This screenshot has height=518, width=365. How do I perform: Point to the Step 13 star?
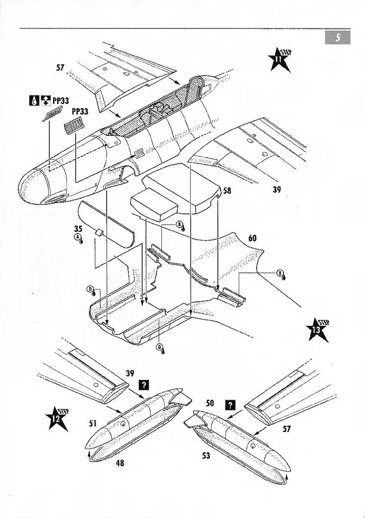click(319, 330)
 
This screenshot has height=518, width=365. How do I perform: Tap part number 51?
click(93, 423)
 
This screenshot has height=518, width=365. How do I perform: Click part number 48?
click(120, 462)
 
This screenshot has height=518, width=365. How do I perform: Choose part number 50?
click(210, 403)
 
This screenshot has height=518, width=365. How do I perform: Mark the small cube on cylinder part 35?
click(99, 232)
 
